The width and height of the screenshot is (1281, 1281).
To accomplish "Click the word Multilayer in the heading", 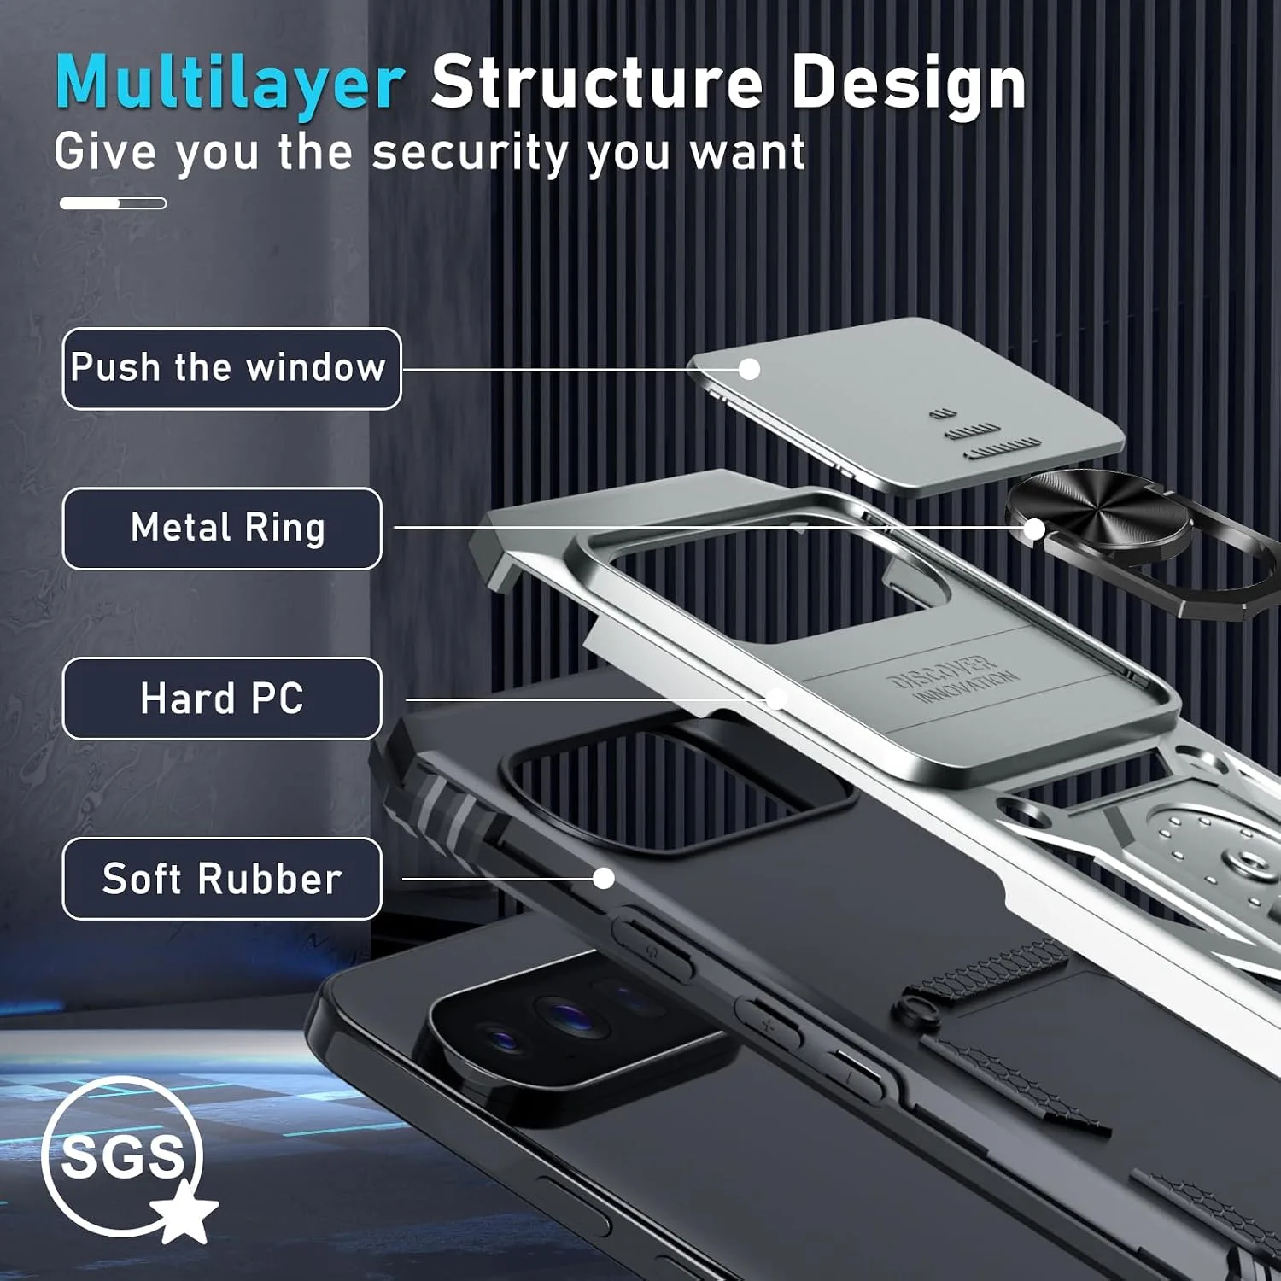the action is pos(230,83).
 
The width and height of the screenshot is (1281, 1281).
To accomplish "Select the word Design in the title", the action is pos(908,83).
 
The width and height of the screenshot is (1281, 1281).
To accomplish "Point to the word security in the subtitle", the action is pos(469,154).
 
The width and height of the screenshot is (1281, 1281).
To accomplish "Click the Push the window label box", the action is pos(231,368).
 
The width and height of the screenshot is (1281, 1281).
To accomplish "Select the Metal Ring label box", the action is pos(222,528).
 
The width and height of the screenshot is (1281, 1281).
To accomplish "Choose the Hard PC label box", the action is pos(222,699).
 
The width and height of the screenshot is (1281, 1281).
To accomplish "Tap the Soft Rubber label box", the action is pos(222,879).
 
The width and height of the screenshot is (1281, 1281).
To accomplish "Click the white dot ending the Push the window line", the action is pos(749,369).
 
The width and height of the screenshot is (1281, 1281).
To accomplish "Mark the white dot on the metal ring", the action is pos(1033,529).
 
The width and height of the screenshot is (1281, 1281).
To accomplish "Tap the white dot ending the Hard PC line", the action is pos(776,699).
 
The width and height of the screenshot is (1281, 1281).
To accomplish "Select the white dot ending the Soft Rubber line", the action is pos(604,878).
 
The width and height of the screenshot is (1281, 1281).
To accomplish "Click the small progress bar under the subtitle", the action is pos(113,203).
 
